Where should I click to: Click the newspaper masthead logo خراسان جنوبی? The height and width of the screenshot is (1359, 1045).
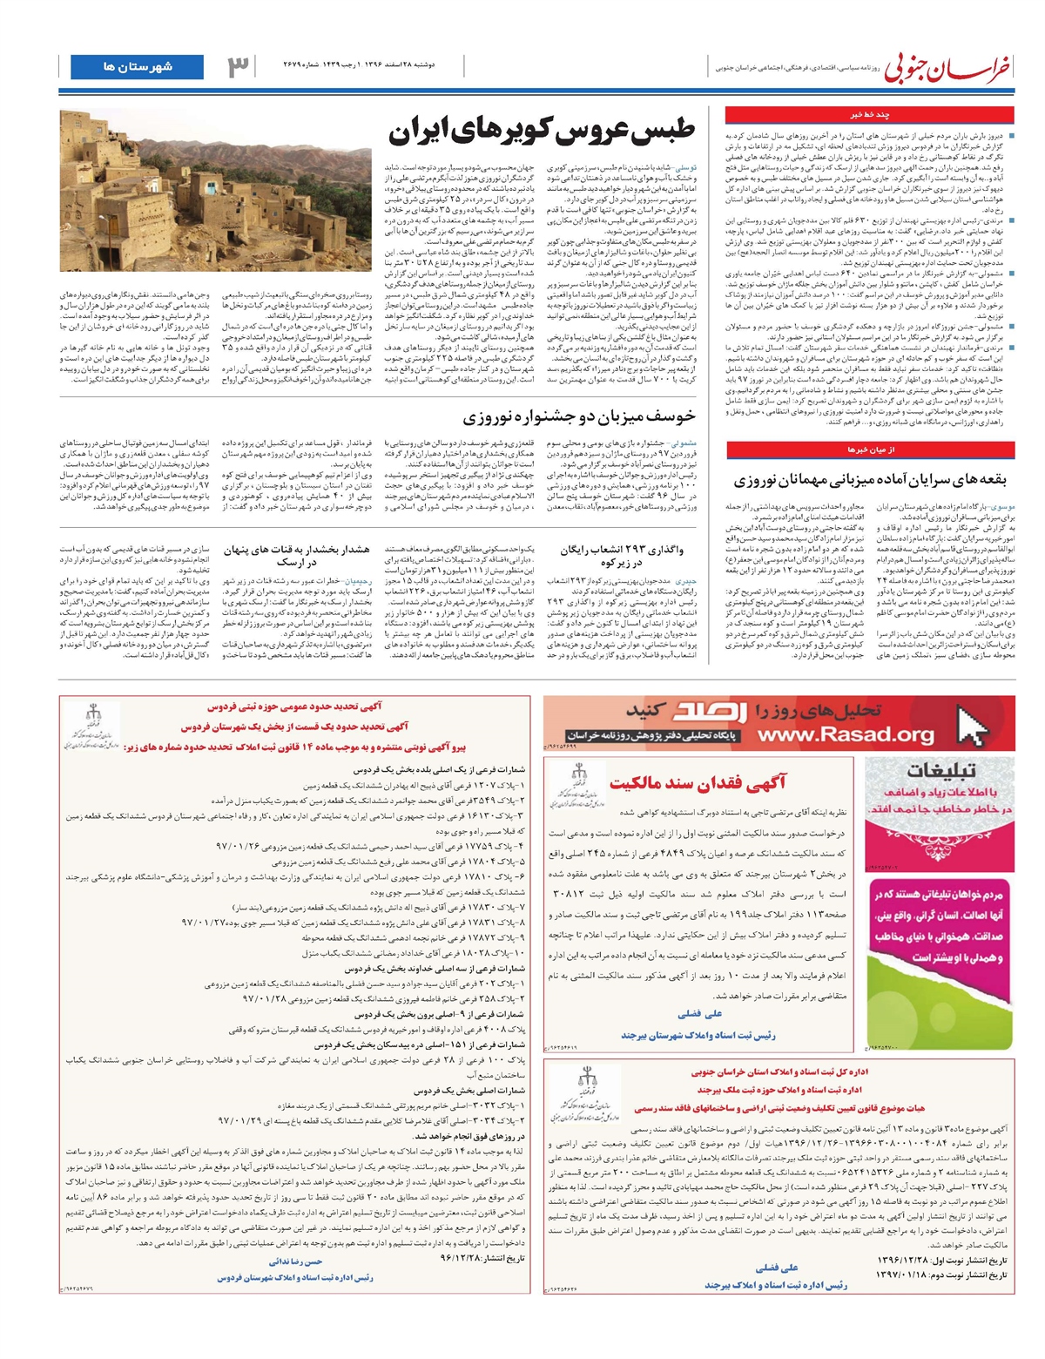[x=948, y=69]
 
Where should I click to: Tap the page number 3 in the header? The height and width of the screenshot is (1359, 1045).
[x=238, y=67]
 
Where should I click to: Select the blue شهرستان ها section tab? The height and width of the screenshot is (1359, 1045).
[x=137, y=67]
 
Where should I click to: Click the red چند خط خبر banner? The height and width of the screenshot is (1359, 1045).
[x=869, y=114]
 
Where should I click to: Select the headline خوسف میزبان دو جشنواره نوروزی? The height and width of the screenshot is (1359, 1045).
[x=578, y=417]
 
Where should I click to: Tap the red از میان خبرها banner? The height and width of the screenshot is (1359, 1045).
[x=870, y=450]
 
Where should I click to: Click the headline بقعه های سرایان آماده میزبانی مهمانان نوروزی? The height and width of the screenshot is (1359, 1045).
[x=869, y=480]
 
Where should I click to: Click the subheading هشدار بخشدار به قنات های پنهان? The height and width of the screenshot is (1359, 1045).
[x=296, y=556]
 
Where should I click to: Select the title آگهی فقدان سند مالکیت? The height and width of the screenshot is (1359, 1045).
[x=697, y=783]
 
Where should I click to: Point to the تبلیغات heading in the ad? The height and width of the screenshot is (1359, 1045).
[x=940, y=771]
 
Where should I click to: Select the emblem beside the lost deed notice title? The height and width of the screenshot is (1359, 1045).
[x=576, y=781]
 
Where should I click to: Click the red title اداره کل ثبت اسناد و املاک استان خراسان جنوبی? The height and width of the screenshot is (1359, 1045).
[x=779, y=1072]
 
